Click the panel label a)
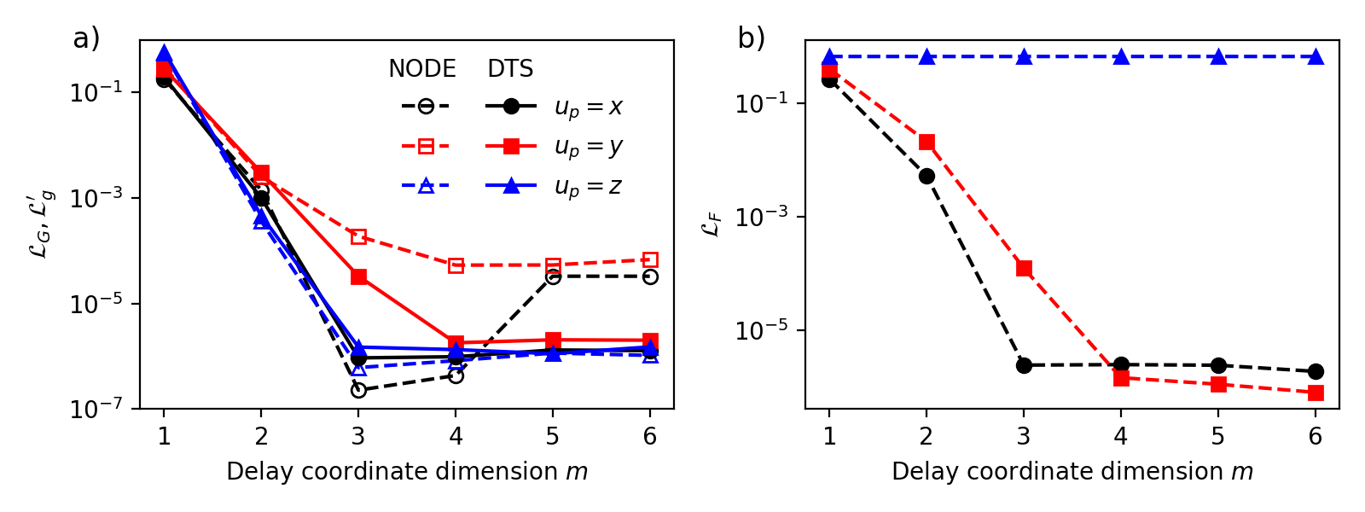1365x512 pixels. click(86, 38)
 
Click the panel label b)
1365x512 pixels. click(752, 38)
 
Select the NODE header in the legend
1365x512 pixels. click(422, 69)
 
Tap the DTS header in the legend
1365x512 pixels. click(510, 69)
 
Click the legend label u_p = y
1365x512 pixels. click(589, 147)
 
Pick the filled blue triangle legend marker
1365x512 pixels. click(511, 186)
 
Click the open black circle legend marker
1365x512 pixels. click(426, 107)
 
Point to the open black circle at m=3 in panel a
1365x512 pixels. click(358, 390)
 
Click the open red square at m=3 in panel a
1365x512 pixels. click(358, 236)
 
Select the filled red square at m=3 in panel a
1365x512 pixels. click(358, 276)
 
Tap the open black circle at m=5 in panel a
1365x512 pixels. click(553, 276)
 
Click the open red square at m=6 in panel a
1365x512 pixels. click(650, 259)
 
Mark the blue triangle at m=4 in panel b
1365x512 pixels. click(1121, 57)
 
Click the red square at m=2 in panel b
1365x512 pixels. click(926, 142)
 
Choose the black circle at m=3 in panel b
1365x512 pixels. click(1024, 365)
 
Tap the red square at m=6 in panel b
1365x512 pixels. click(1316, 393)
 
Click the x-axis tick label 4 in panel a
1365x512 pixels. click(456, 437)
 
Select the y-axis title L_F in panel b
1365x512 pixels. click(714, 224)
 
